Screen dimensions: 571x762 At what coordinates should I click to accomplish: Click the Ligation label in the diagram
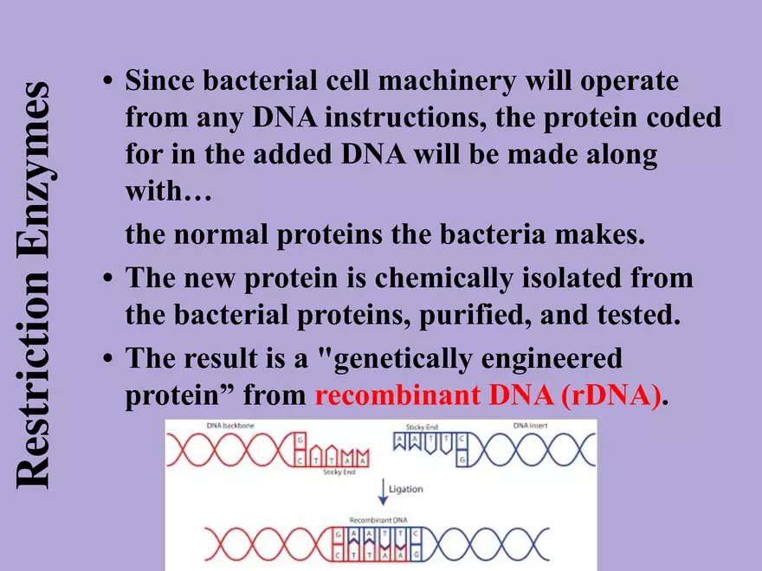(x=406, y=490)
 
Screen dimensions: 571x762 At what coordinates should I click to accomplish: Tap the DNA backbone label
(x=227, y=426)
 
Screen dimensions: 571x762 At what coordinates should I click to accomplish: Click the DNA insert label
(x=532, y=426)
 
